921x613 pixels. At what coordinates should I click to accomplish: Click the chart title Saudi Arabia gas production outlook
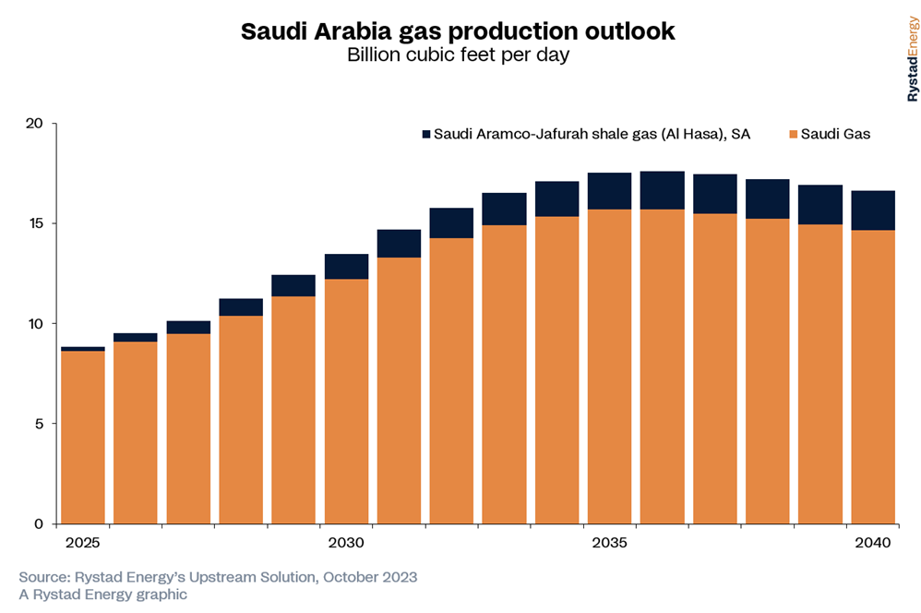(458, 31)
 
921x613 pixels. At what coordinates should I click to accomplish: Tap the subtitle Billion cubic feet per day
(458, 55)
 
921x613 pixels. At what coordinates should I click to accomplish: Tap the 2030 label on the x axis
(346, 542)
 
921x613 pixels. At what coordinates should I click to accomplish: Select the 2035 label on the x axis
(609, 542)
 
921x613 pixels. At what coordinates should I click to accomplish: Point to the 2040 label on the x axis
(872, 542)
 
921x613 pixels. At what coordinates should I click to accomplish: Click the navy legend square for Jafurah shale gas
(425, 135)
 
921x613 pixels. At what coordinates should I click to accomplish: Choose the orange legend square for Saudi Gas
(792, 135)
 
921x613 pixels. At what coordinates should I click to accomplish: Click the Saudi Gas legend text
(835, 135)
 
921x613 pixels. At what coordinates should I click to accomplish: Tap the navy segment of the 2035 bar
(609, 191)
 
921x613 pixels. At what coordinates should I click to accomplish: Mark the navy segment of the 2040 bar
(873, 210)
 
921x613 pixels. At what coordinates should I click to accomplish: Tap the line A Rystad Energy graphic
(102, 595)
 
